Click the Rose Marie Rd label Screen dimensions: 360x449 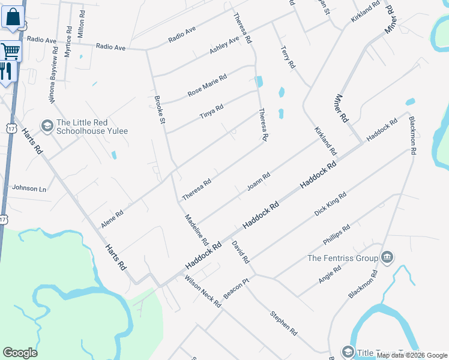207,86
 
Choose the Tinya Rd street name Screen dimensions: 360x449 211,112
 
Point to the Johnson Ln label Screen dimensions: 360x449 29,188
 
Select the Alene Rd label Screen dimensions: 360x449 112,218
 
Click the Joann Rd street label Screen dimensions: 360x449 259,182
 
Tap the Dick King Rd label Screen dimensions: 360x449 330,205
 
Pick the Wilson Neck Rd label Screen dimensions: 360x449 203,292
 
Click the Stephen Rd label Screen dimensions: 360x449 283,323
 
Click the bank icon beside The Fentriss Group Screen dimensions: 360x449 387,258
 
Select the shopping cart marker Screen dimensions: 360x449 10,51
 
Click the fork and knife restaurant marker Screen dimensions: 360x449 6,72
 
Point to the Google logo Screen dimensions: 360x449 20,353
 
